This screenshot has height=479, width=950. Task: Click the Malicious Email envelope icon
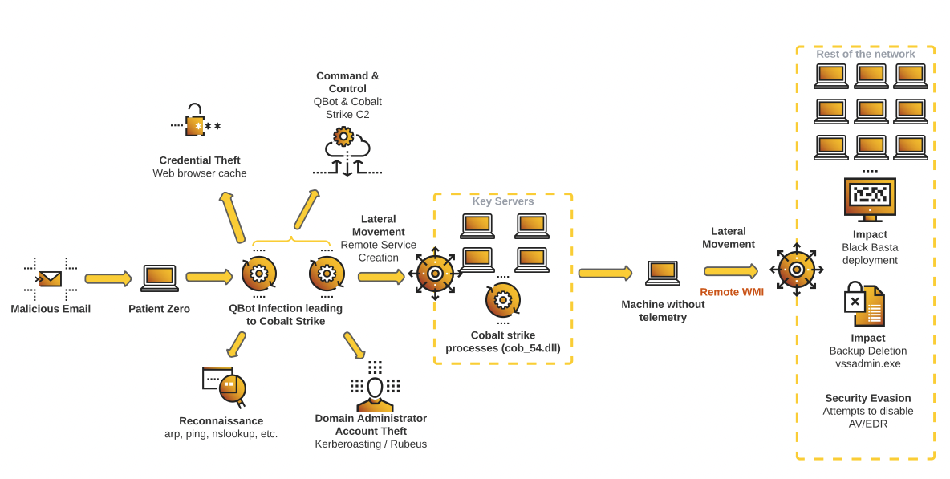[x=50, y=278]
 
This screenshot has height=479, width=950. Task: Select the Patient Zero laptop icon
[x=160, y=278]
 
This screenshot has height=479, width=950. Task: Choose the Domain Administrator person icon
[x=375, y=388]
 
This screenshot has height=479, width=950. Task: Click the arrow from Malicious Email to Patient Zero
[x=108, y=278]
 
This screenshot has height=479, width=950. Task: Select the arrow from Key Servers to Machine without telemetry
[x=604, y=274]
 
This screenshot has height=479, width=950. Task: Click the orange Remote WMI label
[x=732, y=292]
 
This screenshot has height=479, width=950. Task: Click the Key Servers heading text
[x=503, y=201]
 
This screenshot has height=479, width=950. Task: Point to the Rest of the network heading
[x=865, y=54]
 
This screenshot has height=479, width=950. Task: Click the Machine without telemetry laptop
[x=663, y=273]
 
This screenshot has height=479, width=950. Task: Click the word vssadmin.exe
[x=867, y=363]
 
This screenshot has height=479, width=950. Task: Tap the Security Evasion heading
[x=867, y=398]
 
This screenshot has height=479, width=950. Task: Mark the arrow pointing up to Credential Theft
[x=232, y=217]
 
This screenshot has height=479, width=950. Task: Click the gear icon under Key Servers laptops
[x=503, y=301]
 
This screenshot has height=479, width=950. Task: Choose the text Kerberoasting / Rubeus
[x=371, y=444]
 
